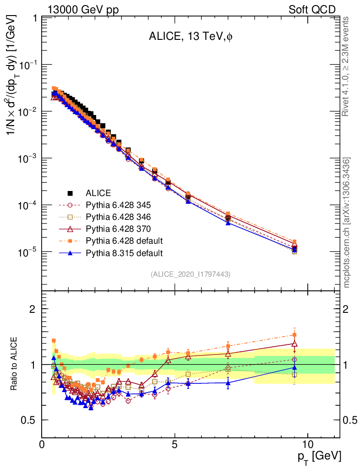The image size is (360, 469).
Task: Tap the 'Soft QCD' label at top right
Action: pyautogui.click(x=312, y=9)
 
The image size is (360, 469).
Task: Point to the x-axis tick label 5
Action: pyautogui.click(x=175, y=445)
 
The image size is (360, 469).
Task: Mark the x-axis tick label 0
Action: pyautogui.click(x=42, y=445)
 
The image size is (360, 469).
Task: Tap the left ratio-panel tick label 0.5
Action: pyautogui.click(x=31, y=420)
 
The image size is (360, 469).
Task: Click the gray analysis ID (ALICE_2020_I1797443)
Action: pyautogui.click(x=191, y=274)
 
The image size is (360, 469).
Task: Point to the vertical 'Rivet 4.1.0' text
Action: pyautogui.click(x=346, y=66)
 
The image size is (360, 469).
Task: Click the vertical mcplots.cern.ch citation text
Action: pyautogui.click(x=347, y=223)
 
